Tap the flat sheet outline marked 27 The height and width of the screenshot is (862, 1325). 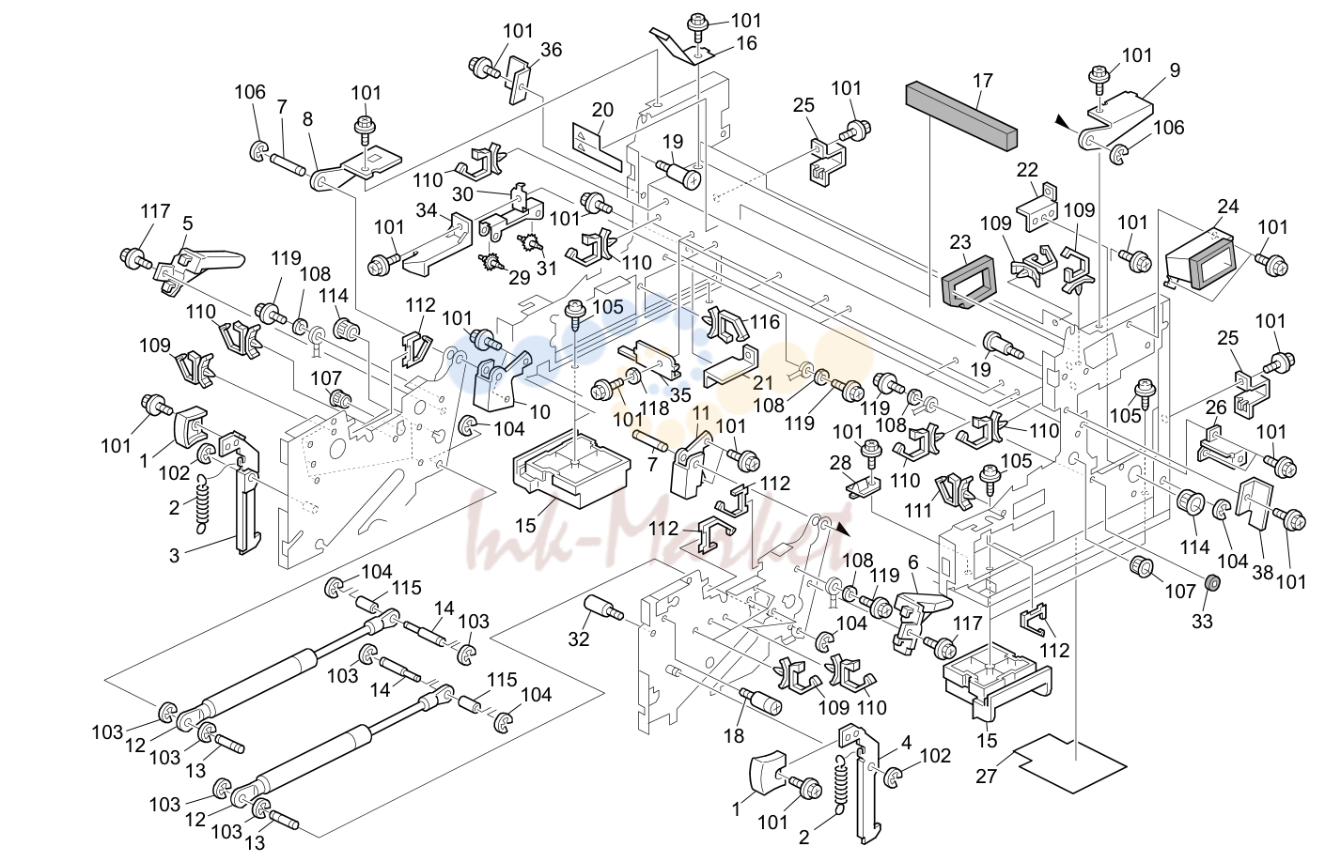(1069, 763)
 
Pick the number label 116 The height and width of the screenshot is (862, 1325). (766, 322)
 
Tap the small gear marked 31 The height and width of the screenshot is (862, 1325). (526, 242)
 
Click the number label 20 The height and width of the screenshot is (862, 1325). (602, 110)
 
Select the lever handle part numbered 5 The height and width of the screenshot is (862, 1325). (200, 266)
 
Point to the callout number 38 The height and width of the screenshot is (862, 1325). (1262, 572)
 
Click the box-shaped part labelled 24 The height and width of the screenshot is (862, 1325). (1200, 259)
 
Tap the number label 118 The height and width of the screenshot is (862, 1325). (654, 408)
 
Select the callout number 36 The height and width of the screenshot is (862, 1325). (551, 50)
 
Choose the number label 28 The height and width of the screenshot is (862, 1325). (840, 463)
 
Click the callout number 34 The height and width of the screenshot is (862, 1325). (427, 210)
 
